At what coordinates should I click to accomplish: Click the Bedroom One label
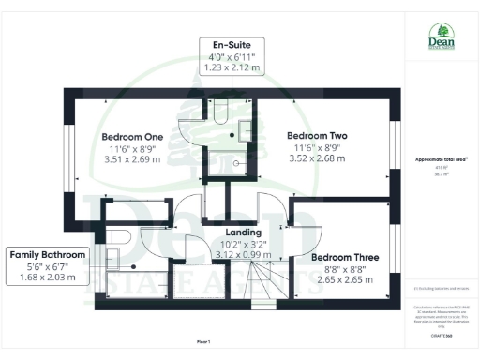(133, 137)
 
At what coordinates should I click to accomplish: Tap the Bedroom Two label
(319, 135)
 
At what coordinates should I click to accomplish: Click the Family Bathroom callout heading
(48, 254)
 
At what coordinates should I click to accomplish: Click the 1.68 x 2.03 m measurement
(48, 277)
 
